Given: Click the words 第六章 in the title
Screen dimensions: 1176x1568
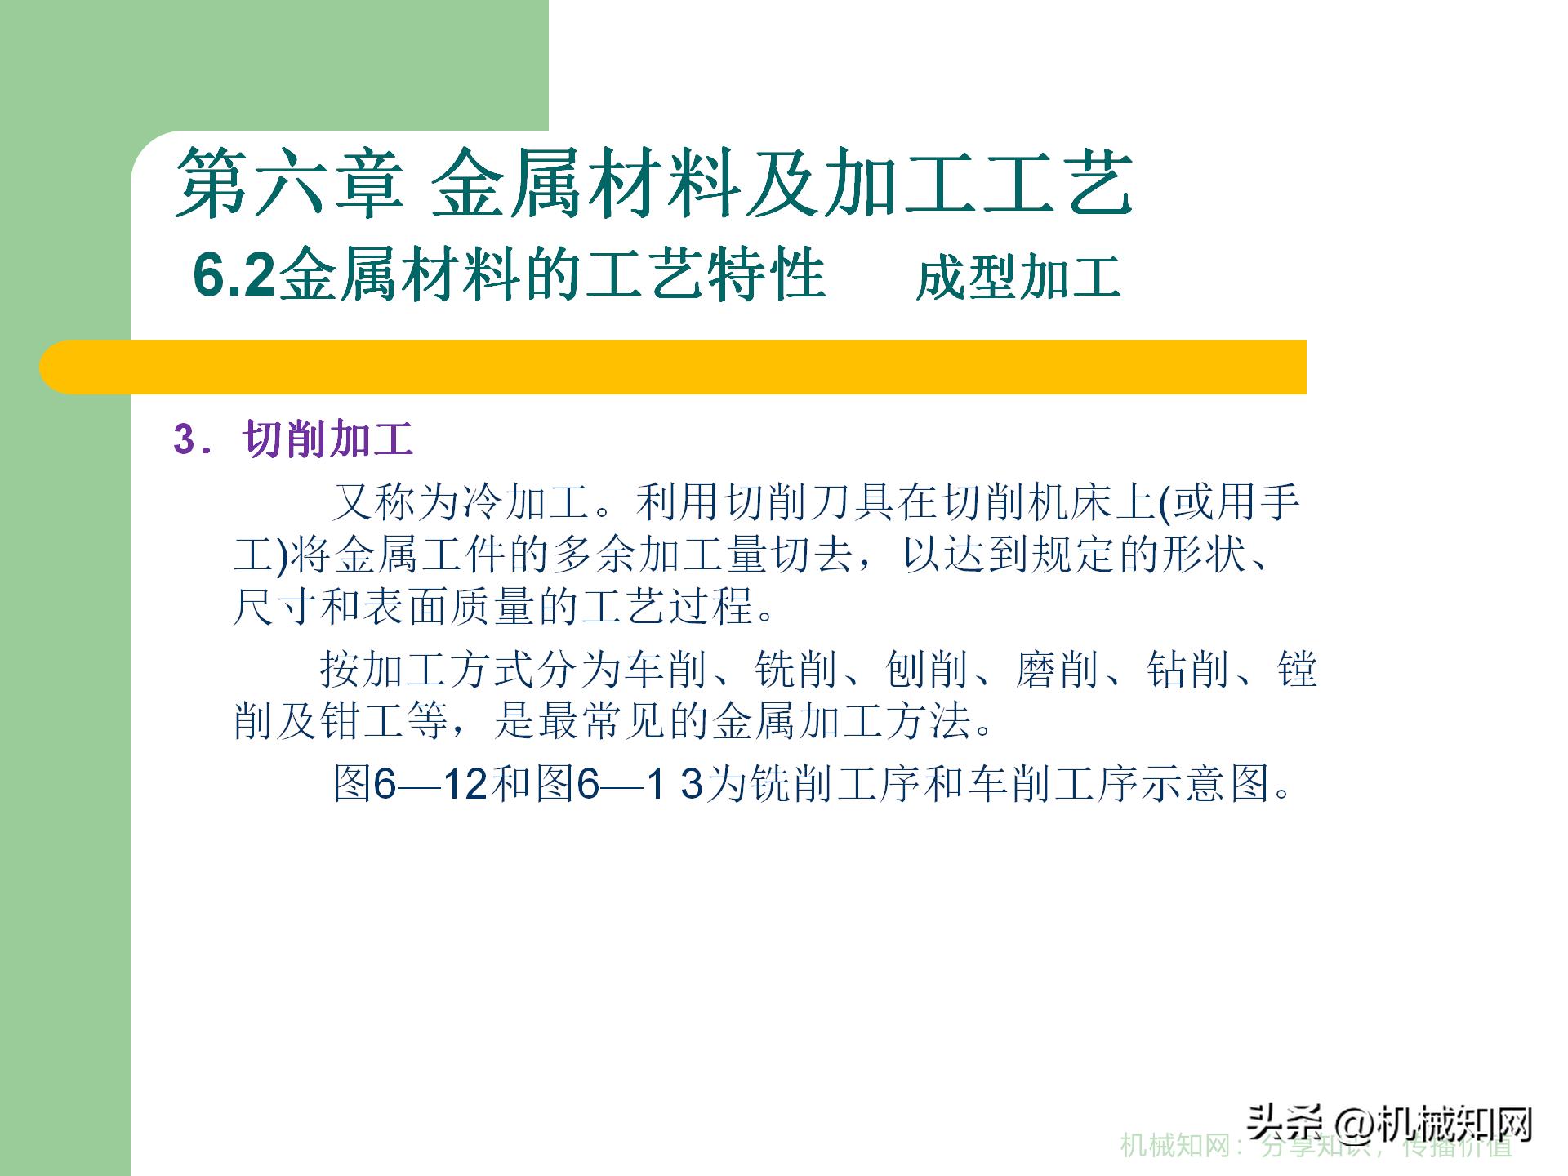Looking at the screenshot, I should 290,183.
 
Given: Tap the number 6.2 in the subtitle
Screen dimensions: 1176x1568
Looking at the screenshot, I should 235,276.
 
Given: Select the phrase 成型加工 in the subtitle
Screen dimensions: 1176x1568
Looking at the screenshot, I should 1018,278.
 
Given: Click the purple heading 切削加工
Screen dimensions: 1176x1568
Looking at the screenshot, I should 328,439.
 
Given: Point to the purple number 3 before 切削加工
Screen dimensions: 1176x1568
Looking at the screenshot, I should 184,439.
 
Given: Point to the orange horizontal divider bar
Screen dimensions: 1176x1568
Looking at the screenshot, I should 673,367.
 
